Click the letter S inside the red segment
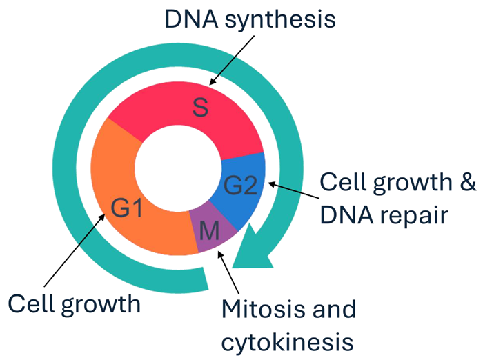(200, 107)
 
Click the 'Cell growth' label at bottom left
(73, 303)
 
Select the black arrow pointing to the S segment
(228, 61)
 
